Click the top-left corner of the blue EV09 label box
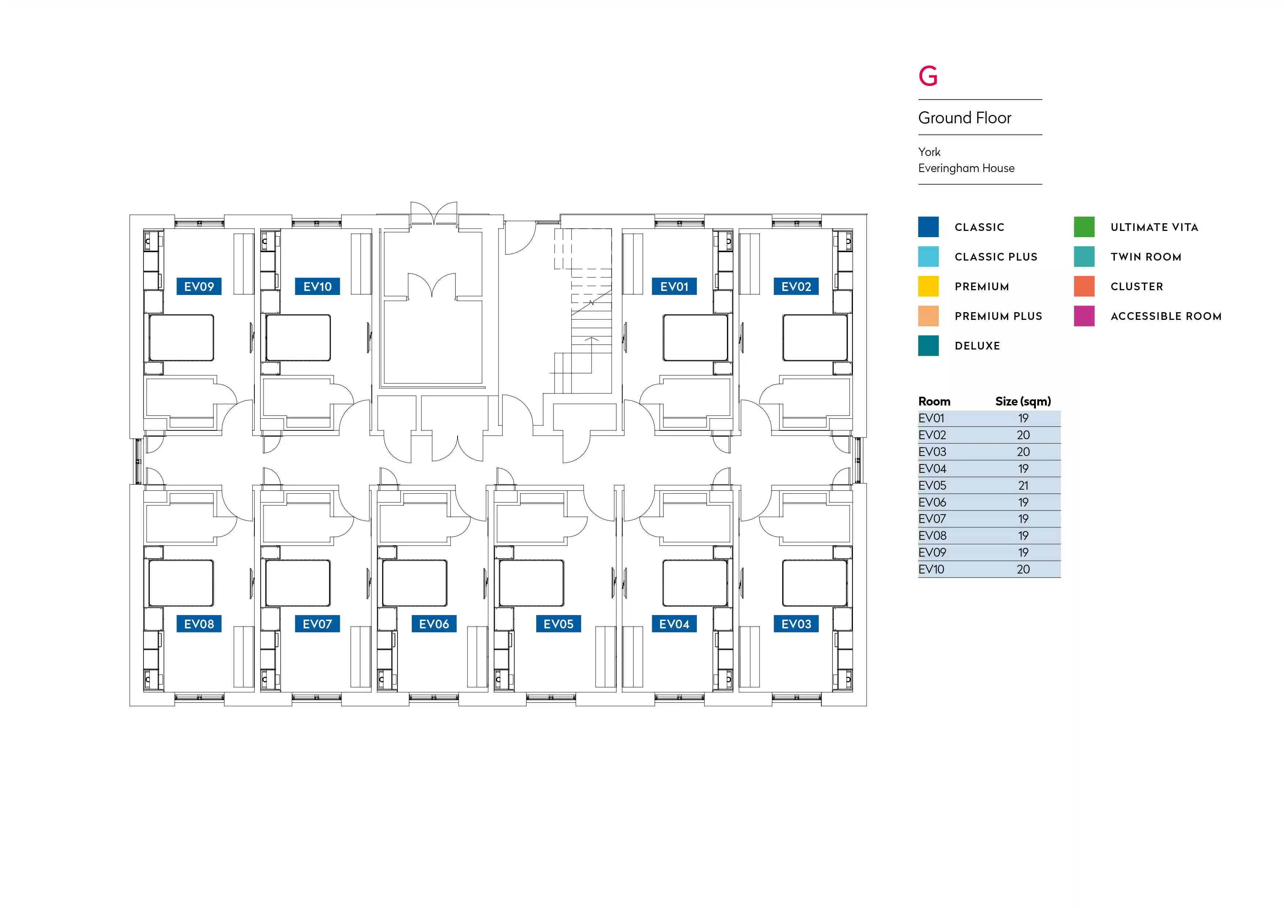(x=177, y=277)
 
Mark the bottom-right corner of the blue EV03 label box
(x=819, y=632)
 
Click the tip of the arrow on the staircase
(x=591, y=337)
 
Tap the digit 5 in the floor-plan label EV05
(x=570, y=624)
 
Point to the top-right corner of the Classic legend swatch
(x=939, y=217)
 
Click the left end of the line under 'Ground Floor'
(x=918, y=135)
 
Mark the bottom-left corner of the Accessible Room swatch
(x=1074, y=326)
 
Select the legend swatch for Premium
(x=928, y=286)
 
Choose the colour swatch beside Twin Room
(x=1085, y=257)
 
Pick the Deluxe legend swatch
(x=928, y=345)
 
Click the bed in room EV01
(x=695, y=338)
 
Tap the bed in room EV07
(x=298, y=583)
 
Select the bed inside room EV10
(x=298, y=338)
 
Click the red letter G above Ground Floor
(x=928, y=76)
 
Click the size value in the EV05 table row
(x=1023, y=485)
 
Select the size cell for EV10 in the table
(x=1023, y=569)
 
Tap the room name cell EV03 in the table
(x=932, y=452)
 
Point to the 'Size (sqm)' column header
(x=1023, y=401)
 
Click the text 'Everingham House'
(x=966, y=168)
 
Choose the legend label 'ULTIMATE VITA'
(x=1154, y=227)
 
